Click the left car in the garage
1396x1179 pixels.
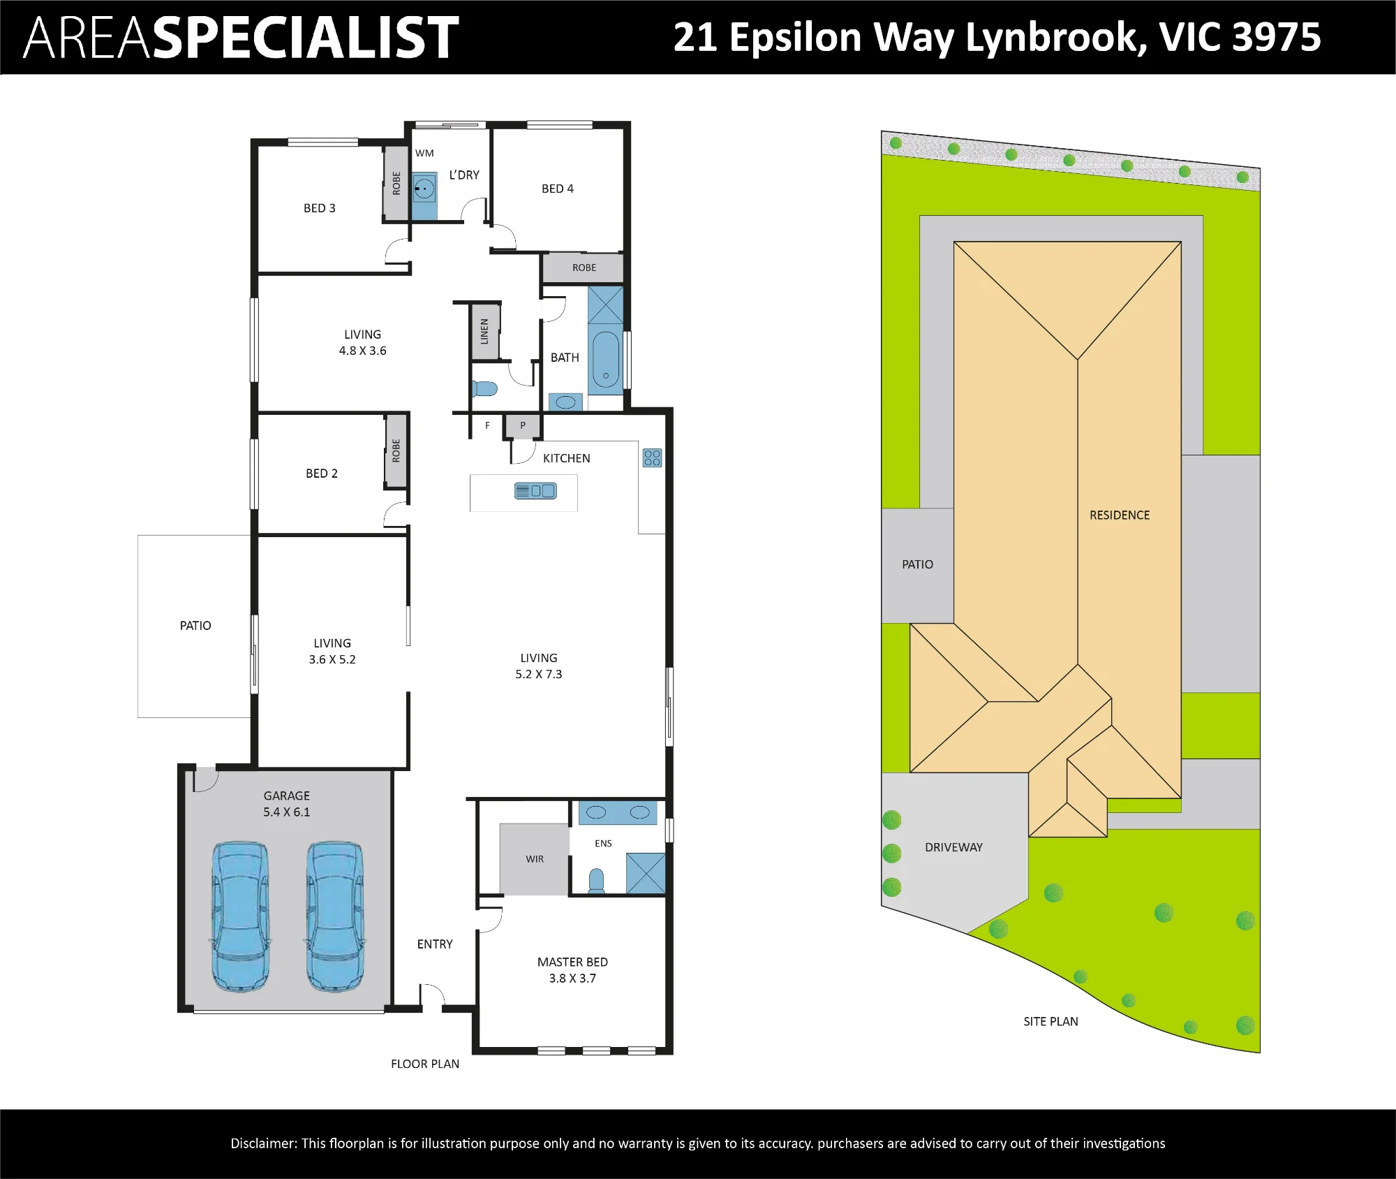(239, 916)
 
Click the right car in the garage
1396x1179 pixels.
(335, 916)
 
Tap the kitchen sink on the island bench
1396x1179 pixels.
(535, 490)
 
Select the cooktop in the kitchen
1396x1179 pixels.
(652, 457)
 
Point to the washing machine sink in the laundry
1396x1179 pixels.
(424, 188)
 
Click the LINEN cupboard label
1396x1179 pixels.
(484, 331)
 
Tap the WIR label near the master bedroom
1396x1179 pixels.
(535, 859)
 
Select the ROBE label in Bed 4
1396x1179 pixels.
(584, 268)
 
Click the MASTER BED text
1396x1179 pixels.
(572, 962)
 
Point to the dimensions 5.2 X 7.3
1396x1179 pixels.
(538, 674)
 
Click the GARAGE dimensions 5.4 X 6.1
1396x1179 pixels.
(286, 812)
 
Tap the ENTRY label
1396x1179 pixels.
(435, 944)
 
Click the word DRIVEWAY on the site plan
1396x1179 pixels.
(953, 847)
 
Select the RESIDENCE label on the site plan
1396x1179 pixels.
(1120, 515)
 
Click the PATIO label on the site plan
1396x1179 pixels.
(917, 564)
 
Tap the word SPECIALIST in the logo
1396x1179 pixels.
(306, 37)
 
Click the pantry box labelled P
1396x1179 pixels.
(522, 426)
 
